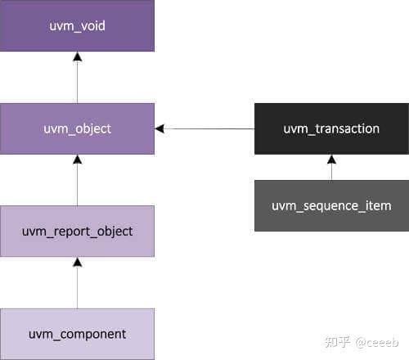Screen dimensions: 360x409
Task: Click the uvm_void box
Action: (77, 26)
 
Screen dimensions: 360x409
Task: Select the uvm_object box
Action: (77, 128)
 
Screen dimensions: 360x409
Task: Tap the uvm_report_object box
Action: (77, 232)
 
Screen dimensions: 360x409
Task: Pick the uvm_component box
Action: (77, 334)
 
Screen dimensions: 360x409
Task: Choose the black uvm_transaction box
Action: (331, 128)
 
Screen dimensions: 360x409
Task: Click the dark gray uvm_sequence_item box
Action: (331, 205)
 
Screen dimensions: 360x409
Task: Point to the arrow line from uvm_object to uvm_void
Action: (77, 82)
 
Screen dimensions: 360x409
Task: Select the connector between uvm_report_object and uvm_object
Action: (77, 184)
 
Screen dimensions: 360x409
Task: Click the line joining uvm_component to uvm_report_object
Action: (77, 286)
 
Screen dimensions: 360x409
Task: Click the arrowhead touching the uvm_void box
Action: (77, 56)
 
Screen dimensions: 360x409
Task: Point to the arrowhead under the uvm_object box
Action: (77, 160)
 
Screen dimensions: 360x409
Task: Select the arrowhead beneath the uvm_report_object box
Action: (77, 262)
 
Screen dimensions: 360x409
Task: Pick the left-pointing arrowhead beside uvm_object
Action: (160, 128)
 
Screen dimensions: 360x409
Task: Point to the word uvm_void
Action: (77, 26)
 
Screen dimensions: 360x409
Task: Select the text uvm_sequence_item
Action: (331, 205)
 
